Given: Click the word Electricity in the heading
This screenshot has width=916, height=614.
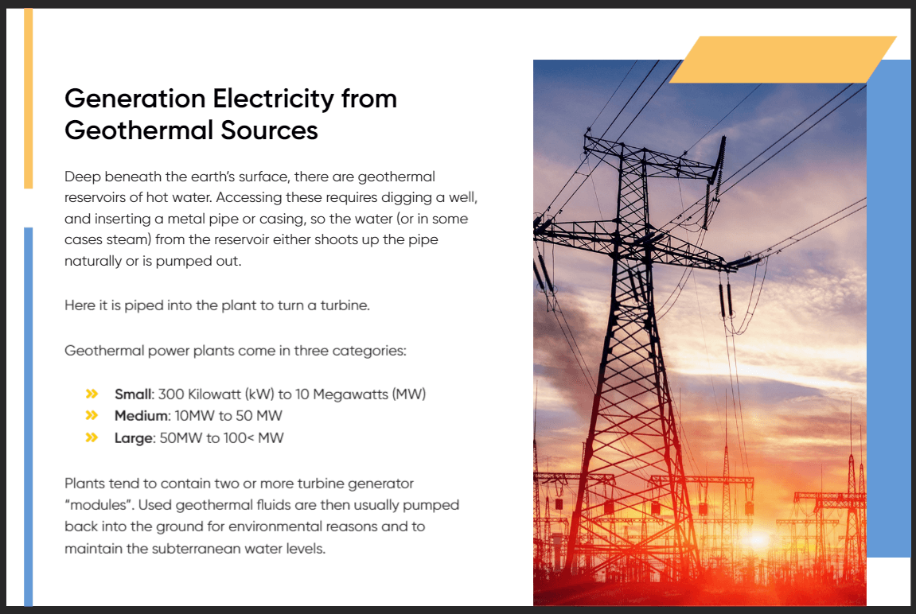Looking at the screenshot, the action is coord(274,99).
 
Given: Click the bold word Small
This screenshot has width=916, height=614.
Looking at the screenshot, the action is coord(133,394).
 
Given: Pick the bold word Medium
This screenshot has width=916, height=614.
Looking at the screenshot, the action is coord(141,416).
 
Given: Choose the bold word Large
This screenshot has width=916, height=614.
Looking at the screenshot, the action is coord(133,438).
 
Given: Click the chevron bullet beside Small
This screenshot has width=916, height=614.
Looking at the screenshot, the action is coord(92,394).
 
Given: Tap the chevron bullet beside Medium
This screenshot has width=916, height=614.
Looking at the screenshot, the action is coord(92,415).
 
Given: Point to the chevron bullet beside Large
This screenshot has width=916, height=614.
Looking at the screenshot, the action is coord(92,437).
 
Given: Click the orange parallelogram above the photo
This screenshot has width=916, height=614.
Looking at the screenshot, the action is coord(783,60).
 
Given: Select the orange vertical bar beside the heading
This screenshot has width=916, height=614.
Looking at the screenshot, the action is coord(28,98).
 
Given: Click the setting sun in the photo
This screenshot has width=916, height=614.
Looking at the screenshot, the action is coord(758,539).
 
